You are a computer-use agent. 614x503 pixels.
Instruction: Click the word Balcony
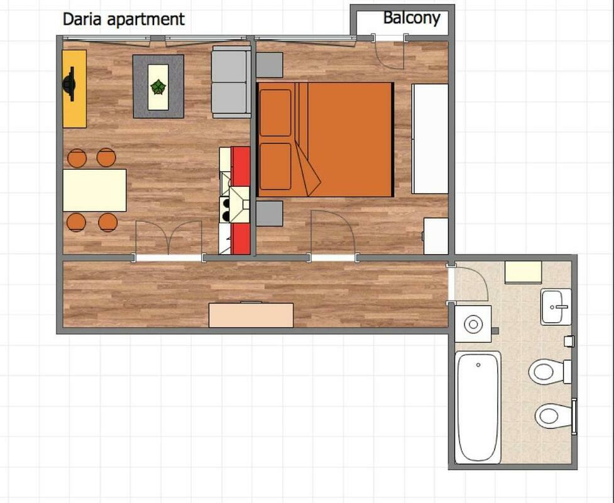[x=412, y=18]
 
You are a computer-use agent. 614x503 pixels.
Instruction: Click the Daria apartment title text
[x=123, y=19]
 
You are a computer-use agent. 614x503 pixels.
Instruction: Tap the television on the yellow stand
[x=70, y=84]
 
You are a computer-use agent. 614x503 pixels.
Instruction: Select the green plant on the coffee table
[x=158, y=87]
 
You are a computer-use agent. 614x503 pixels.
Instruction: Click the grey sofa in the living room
[x=231, y=82]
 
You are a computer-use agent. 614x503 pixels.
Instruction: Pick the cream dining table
[x=94, y=191]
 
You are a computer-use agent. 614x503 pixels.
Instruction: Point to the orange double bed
[x=325, y=140]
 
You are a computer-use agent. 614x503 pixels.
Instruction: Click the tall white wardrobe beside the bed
[x=430, y=139]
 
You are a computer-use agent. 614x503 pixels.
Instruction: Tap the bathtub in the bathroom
[x=478, y=407]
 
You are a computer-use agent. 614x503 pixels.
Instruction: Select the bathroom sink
[x=556, y=307]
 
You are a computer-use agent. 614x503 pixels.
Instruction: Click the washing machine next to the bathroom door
[x=473, y=324]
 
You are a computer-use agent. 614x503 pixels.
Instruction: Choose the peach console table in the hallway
[x=251, y=315]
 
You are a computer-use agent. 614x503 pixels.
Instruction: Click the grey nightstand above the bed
[x=270, y=65]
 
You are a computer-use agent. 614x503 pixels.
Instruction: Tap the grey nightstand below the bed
[x=270, y=214]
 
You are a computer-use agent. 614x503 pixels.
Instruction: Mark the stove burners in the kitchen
[x=226, y=209]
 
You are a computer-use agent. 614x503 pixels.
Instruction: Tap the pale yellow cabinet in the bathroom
[x=523, y=272]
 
